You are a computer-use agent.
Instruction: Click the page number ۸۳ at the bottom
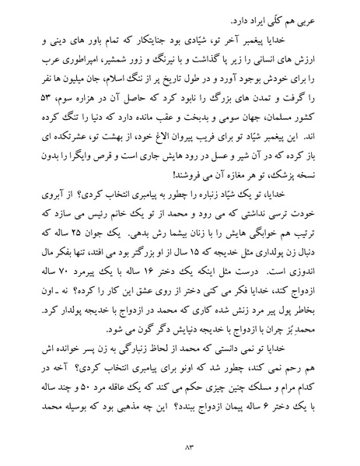[x=180, y=446]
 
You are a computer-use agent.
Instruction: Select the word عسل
[x=199, y=164]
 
